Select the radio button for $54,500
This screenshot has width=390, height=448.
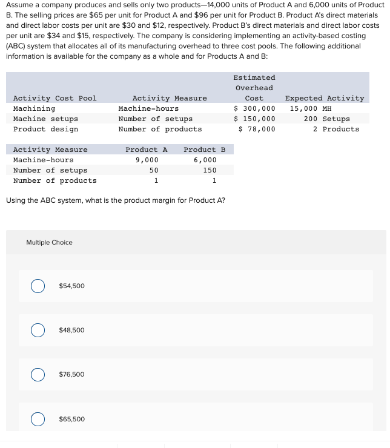tap(38, 286)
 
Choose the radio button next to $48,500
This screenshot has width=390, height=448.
tap(38, 330)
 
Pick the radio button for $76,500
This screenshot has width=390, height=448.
tap(38, 375)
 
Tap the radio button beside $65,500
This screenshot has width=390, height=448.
tap(38, 419)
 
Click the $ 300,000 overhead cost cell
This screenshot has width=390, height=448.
tap(254, 108)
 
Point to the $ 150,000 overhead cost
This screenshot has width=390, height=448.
tap(254, 119)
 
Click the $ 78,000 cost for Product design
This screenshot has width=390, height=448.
tap(257, 129)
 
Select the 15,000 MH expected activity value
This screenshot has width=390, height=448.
tap(311, 108)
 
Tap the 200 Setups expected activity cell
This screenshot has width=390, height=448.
tap(326, 119)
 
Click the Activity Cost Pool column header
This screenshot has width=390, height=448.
tap(55, 98)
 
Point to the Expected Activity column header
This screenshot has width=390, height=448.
tap(325, 98)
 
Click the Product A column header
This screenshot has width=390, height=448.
tap(146, 150)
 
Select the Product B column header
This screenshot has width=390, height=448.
tap(204, 150)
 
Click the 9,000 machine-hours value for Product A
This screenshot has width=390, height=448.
tap(147, 160)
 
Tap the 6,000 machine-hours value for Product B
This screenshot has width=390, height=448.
tap(205, 160)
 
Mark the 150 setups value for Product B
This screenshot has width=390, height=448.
tap(209, 170)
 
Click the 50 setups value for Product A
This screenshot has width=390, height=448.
tap(154, 170)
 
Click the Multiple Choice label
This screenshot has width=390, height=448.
tap(49, 243)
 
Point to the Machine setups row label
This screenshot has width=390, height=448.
tap(45, 119)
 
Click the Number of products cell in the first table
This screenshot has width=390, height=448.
tap(160, 129)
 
